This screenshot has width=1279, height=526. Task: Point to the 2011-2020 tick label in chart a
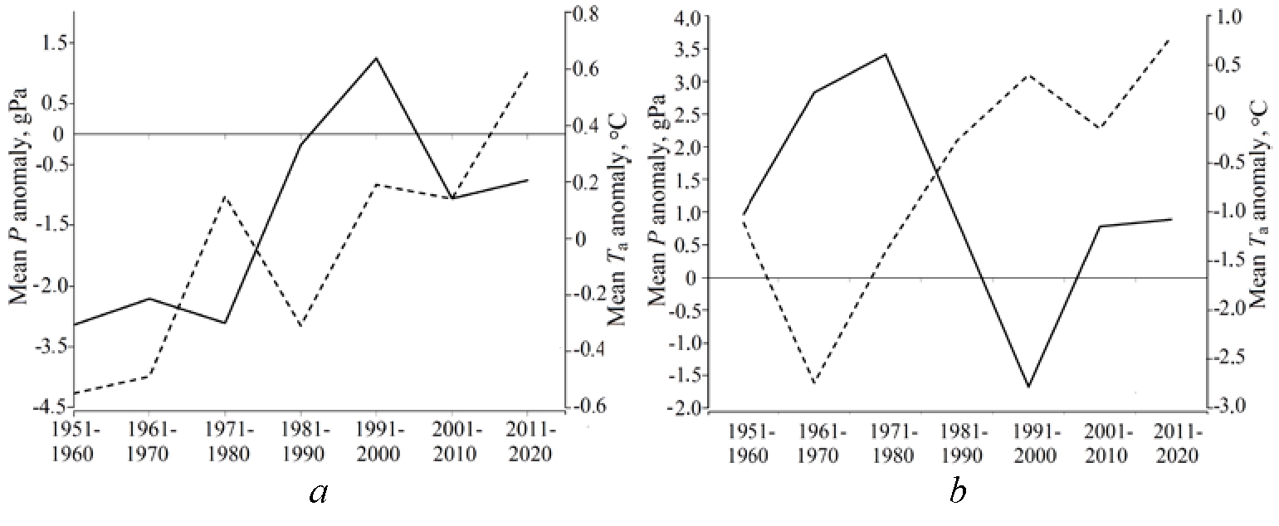[529, 442]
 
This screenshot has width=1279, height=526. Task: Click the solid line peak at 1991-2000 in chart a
[377, 58]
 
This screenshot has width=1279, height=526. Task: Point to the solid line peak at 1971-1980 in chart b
[886, 54]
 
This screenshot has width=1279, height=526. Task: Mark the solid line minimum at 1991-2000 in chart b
[1029, 387]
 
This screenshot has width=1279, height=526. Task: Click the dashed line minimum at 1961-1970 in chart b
[814, 383]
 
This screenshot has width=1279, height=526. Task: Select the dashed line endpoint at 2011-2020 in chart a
[528, 72]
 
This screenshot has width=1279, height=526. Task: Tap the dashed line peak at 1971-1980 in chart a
[226, 196]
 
